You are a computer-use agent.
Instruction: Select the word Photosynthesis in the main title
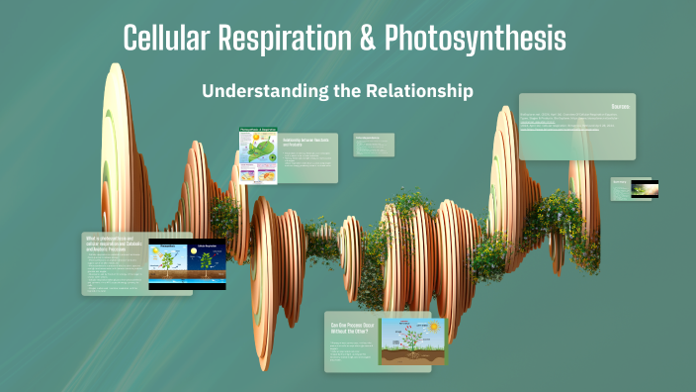(474, 39)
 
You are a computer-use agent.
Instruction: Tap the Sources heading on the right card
(620, 105)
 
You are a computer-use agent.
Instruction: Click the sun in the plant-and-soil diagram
(432, 324)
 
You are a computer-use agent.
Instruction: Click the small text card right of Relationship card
(374, 145)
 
